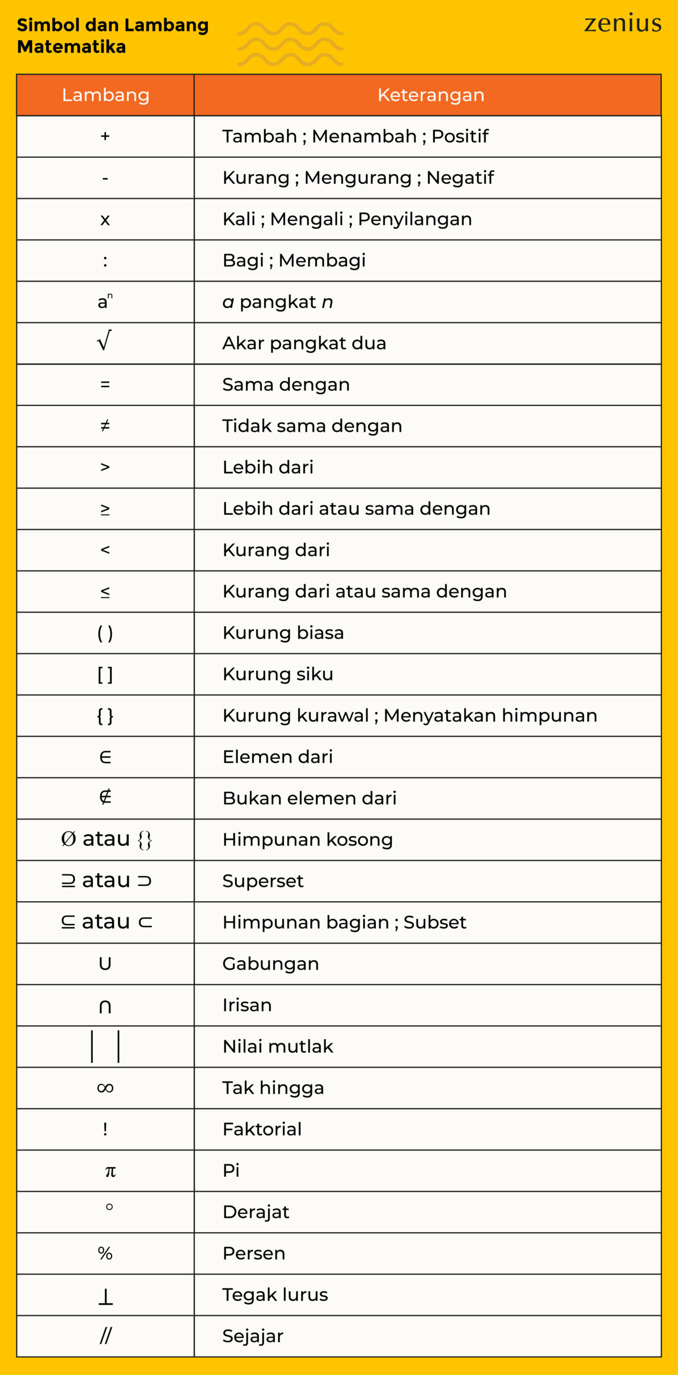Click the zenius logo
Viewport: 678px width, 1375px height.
(623, 24)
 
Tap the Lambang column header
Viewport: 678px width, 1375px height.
(105, 95)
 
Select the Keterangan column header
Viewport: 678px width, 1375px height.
(431, 95)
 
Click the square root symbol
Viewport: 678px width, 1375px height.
(105, 341)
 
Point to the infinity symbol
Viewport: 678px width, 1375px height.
(105, 1088)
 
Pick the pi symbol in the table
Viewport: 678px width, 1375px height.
(110, 1171)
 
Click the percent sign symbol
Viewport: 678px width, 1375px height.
(105, 1253)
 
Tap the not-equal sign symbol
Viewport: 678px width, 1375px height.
(105, 425)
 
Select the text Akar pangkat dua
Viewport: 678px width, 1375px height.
(304, 343)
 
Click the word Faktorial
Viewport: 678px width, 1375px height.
(262, 1129)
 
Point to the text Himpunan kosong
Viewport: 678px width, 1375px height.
(308, 840)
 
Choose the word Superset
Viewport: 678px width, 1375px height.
(263, 881)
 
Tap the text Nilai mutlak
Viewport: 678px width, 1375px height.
(278, 1046)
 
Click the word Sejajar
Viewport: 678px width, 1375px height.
(253, 1336)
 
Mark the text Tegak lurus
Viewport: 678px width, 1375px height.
(275, 1294)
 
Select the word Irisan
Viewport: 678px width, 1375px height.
(247, 1005)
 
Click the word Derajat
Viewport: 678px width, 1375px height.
(256, 1212)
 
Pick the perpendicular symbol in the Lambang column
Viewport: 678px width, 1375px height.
(106, 1296)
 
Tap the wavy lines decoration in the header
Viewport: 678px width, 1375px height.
(290, 44)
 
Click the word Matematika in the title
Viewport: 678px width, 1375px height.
(71, 47)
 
